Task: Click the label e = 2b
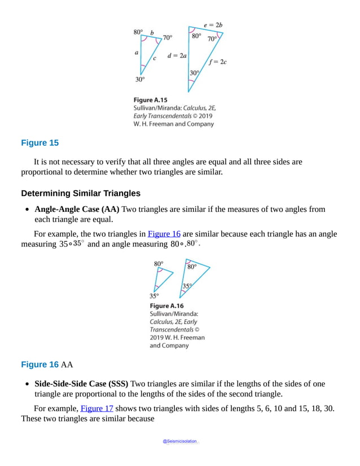pos(213,25)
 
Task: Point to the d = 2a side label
pos(177,55)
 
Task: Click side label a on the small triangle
pos(137,53)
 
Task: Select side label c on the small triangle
pos(154,59)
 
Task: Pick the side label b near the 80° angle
pos(152,33)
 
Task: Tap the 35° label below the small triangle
pos(153,295)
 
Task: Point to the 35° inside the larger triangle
pos(187,286)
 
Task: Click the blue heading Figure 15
pos(39,143)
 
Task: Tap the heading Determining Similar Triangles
pos(81,193)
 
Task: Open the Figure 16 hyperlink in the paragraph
pos(164,234)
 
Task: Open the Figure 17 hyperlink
pos(96,408)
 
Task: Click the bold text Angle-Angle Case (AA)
pos(77,209)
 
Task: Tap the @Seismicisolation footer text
pos(180,441)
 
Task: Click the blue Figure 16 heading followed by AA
pos(39,364)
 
